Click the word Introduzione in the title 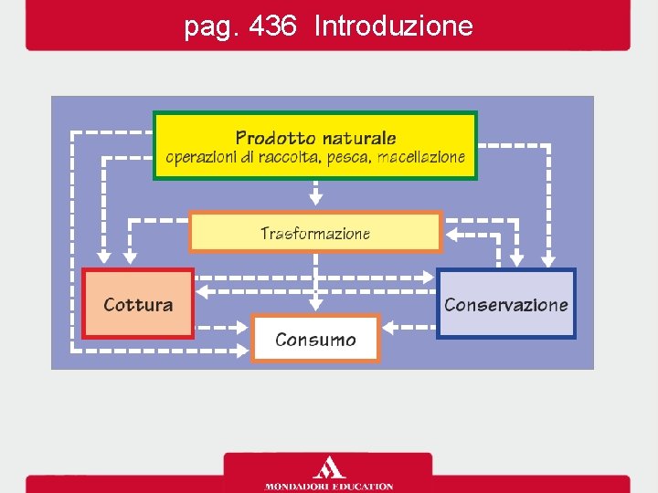click(x=393, y=26)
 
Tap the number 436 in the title click(x=271, y=26)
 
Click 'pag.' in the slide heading click(x=211, y=27)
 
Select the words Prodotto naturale click(x=315, y=138)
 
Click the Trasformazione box click(x=315, y=232)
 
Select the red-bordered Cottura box click(x=138, y=304)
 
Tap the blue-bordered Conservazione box click(x=505, y=304)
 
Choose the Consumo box click(x=315, y=340)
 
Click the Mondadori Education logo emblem click(x=329, y=468)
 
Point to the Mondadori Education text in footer click(x=329, y=486)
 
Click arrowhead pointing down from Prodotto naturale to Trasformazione click(x=315, y=198)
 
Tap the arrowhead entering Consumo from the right click(x=387, y=325)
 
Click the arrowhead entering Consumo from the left click(x=243, y=325)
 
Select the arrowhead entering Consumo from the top click(x=315, y=307)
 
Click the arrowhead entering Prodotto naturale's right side click(x=483, y=145)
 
